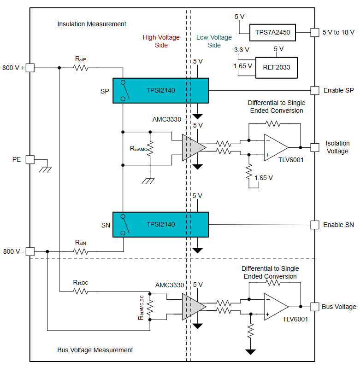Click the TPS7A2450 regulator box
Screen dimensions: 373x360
272,33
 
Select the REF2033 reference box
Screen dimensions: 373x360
277,68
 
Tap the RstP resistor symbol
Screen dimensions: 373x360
81,68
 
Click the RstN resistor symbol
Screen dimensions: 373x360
81,251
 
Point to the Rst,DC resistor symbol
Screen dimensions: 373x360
81,291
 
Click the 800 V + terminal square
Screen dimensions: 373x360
30,68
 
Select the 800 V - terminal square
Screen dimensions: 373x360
30,251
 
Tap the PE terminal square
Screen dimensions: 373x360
30,159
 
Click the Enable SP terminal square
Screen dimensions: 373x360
314,90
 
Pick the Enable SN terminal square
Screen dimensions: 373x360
314,225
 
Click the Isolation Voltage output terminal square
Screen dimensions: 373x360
314,147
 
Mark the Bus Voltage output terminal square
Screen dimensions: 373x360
314,306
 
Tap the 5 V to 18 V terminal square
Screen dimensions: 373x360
314,33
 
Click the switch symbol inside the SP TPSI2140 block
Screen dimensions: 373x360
124,90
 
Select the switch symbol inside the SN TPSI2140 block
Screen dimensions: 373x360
124,225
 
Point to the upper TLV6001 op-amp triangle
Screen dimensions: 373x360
276,147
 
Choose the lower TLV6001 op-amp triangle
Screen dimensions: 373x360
276,306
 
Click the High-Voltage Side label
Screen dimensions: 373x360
161,41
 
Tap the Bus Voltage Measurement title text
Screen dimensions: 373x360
95,350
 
